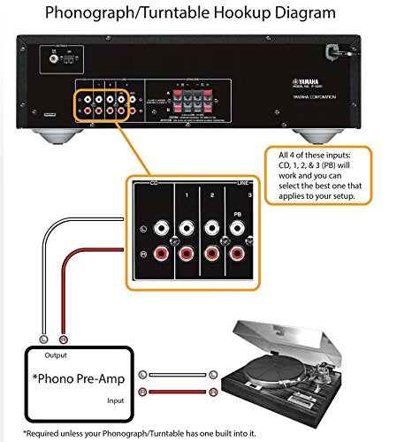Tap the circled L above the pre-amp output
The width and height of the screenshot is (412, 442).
click(42, 338)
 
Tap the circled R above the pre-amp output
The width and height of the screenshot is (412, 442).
click(61, 338)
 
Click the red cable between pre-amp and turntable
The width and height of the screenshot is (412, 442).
click(181, 392)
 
